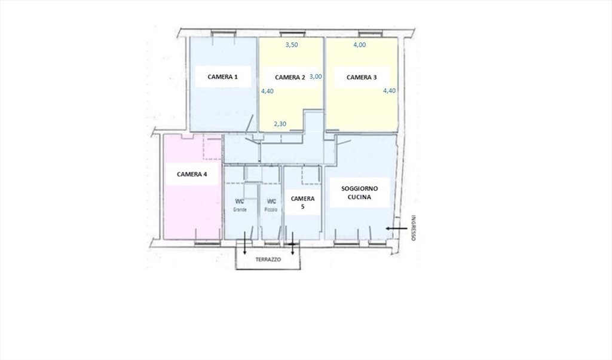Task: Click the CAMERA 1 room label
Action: tap(222, 77)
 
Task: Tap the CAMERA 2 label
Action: tap(290, 77)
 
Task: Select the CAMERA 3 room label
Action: tap(362, 77)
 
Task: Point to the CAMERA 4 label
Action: tap(192, 174)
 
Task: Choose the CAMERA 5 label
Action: tap(302, 203)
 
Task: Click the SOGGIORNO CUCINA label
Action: tap(359, 193)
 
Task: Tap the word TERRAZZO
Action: tap(268, 260)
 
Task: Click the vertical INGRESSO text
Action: tap(414, 228)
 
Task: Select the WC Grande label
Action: tap(240, 205)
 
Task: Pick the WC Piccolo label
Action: tap(271, 205)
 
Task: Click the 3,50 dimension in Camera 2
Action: tap(292, 45)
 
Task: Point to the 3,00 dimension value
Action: tap(316, 77)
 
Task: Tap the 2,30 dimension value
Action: tap(280, 124)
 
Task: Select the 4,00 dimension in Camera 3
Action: tap(359, 45)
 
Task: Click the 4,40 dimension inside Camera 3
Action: tap(389, 90)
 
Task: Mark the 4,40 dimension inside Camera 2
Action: tap(267, 91)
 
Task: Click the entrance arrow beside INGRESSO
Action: tap(396, 228)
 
